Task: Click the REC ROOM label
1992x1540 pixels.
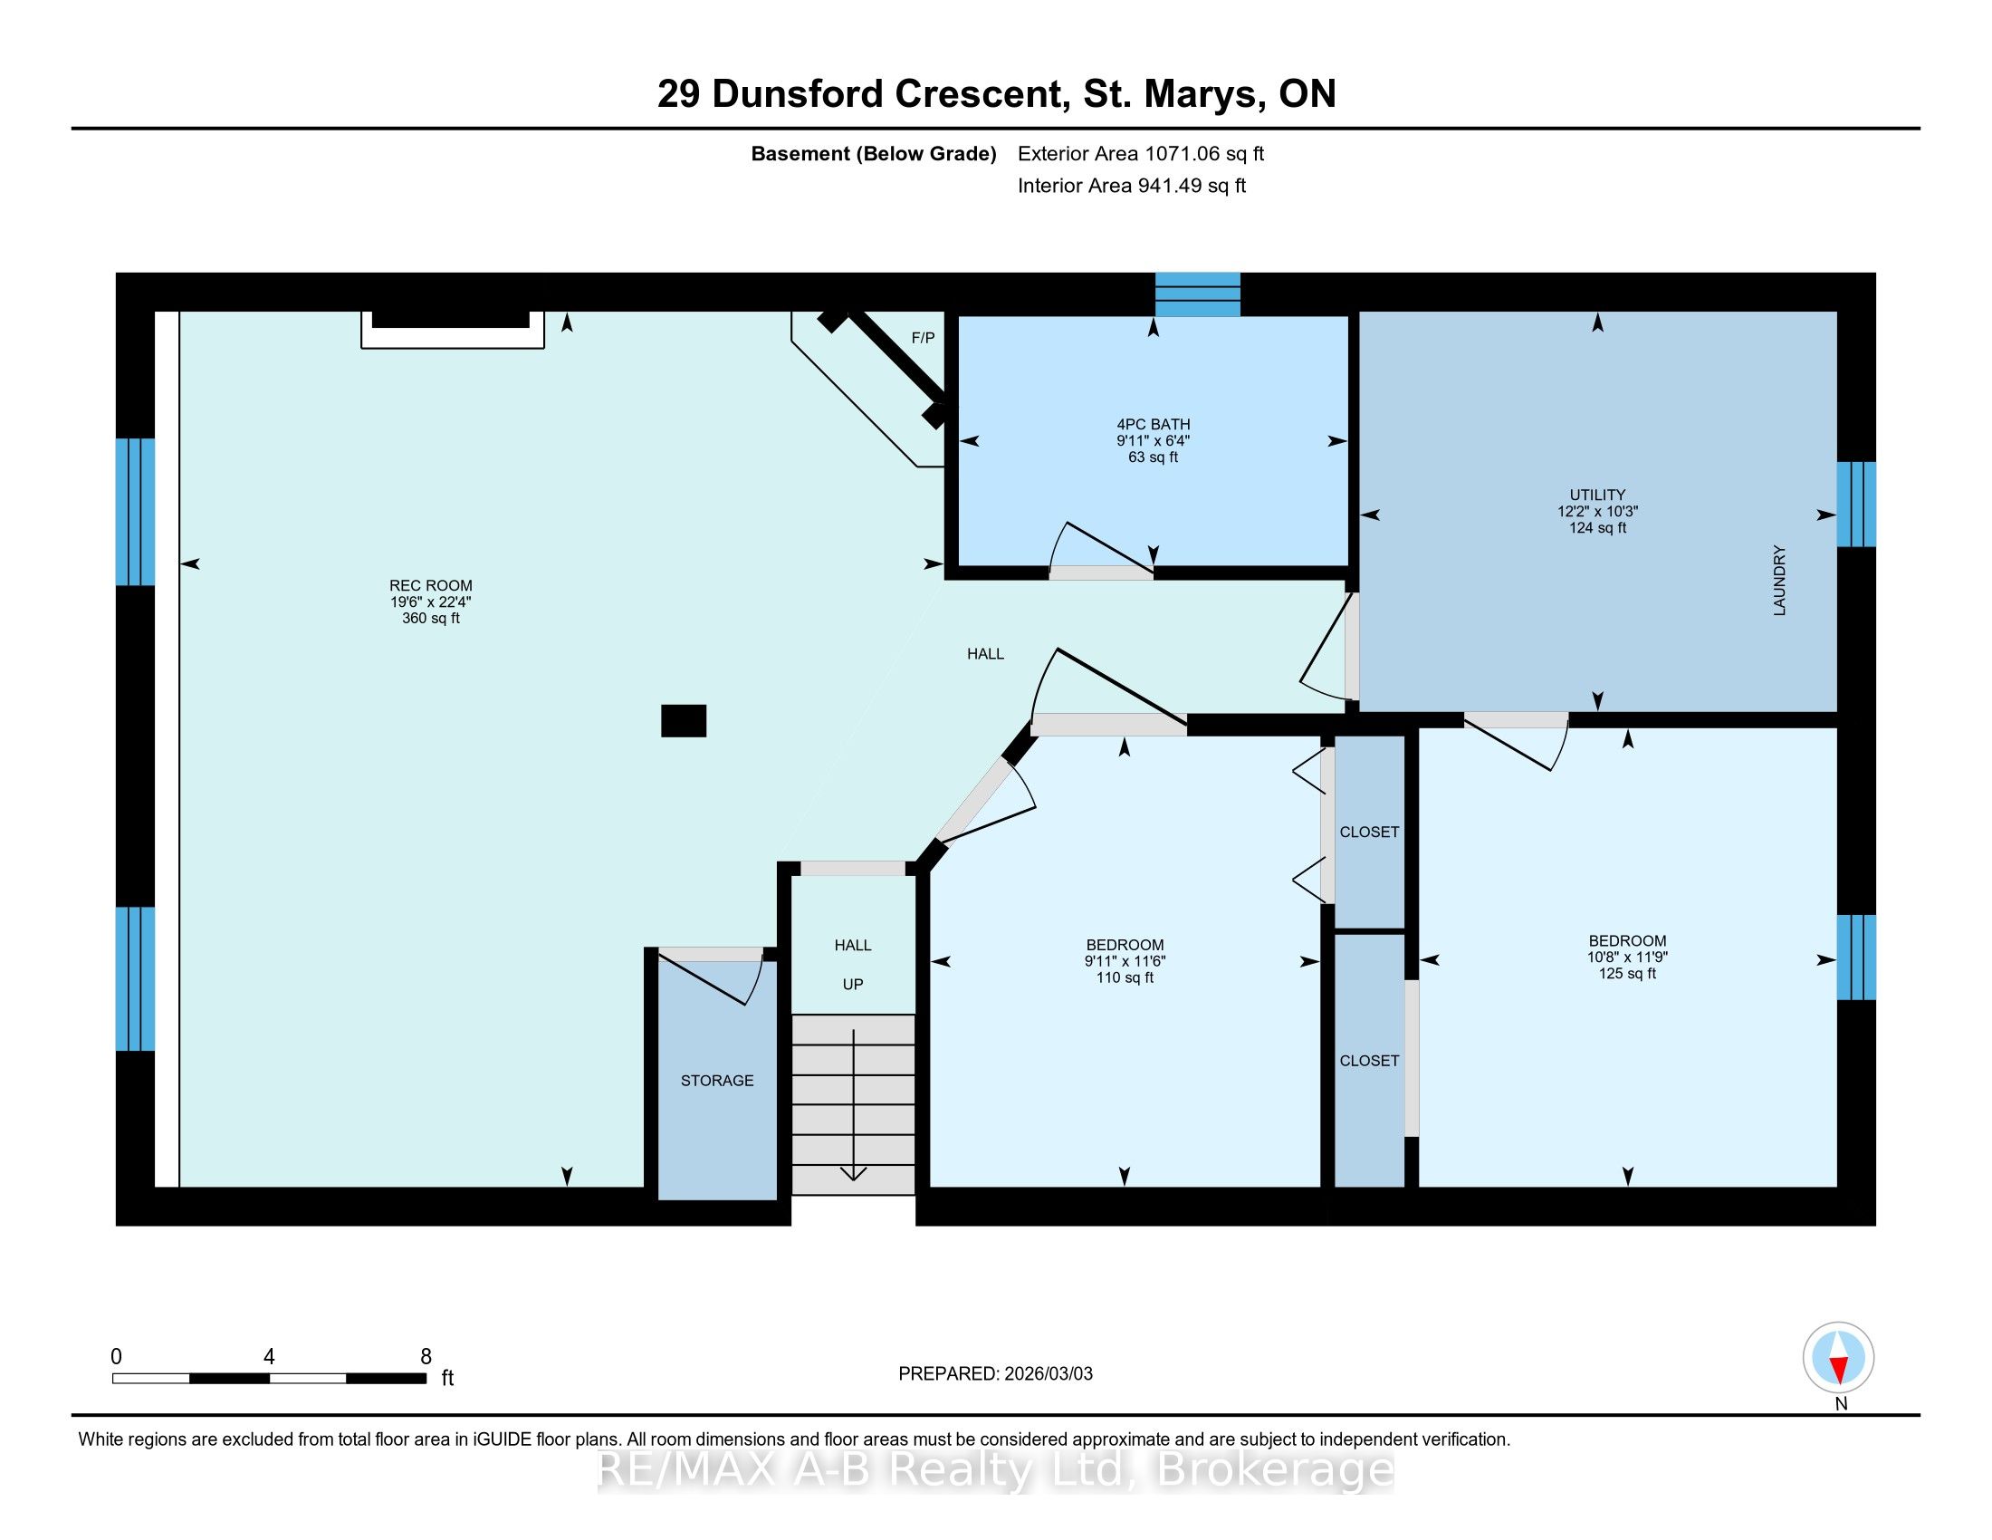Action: click(x=430, y=586)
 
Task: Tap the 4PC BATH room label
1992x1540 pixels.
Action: click(x=1153, y=424)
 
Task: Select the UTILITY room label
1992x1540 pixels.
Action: click(x=1597, y=496)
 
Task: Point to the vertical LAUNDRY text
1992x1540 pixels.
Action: click(x=1778, y=581)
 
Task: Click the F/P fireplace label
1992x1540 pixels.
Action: click(x=923, y=339)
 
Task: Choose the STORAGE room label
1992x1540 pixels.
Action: click(x=717, y=1080)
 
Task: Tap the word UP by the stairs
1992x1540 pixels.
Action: click(x=853, y=985)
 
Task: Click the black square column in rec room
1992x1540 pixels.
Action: click(x=683, y=721)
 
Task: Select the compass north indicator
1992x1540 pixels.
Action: click(x=1839, y=1357)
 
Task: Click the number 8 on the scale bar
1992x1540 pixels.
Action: click(x=425, y=1357)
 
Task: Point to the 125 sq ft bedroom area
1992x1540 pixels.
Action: click(x=1627, y=974)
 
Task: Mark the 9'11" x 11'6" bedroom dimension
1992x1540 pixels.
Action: click(x=1125, y=960)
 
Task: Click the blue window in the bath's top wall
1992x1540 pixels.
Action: click(x=1198, y=294)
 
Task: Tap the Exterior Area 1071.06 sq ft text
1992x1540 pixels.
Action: click(x=1141, y=153)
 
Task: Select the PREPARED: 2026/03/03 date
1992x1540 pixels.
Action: click(x=995, y=1374)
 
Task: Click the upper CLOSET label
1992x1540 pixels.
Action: click(x=1369, y=832)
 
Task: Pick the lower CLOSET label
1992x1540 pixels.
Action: click(x=1369, y=1061)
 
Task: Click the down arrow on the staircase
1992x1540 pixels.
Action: click(x=853, y=1105)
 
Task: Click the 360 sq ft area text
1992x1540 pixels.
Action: click(x=430, y=619)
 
